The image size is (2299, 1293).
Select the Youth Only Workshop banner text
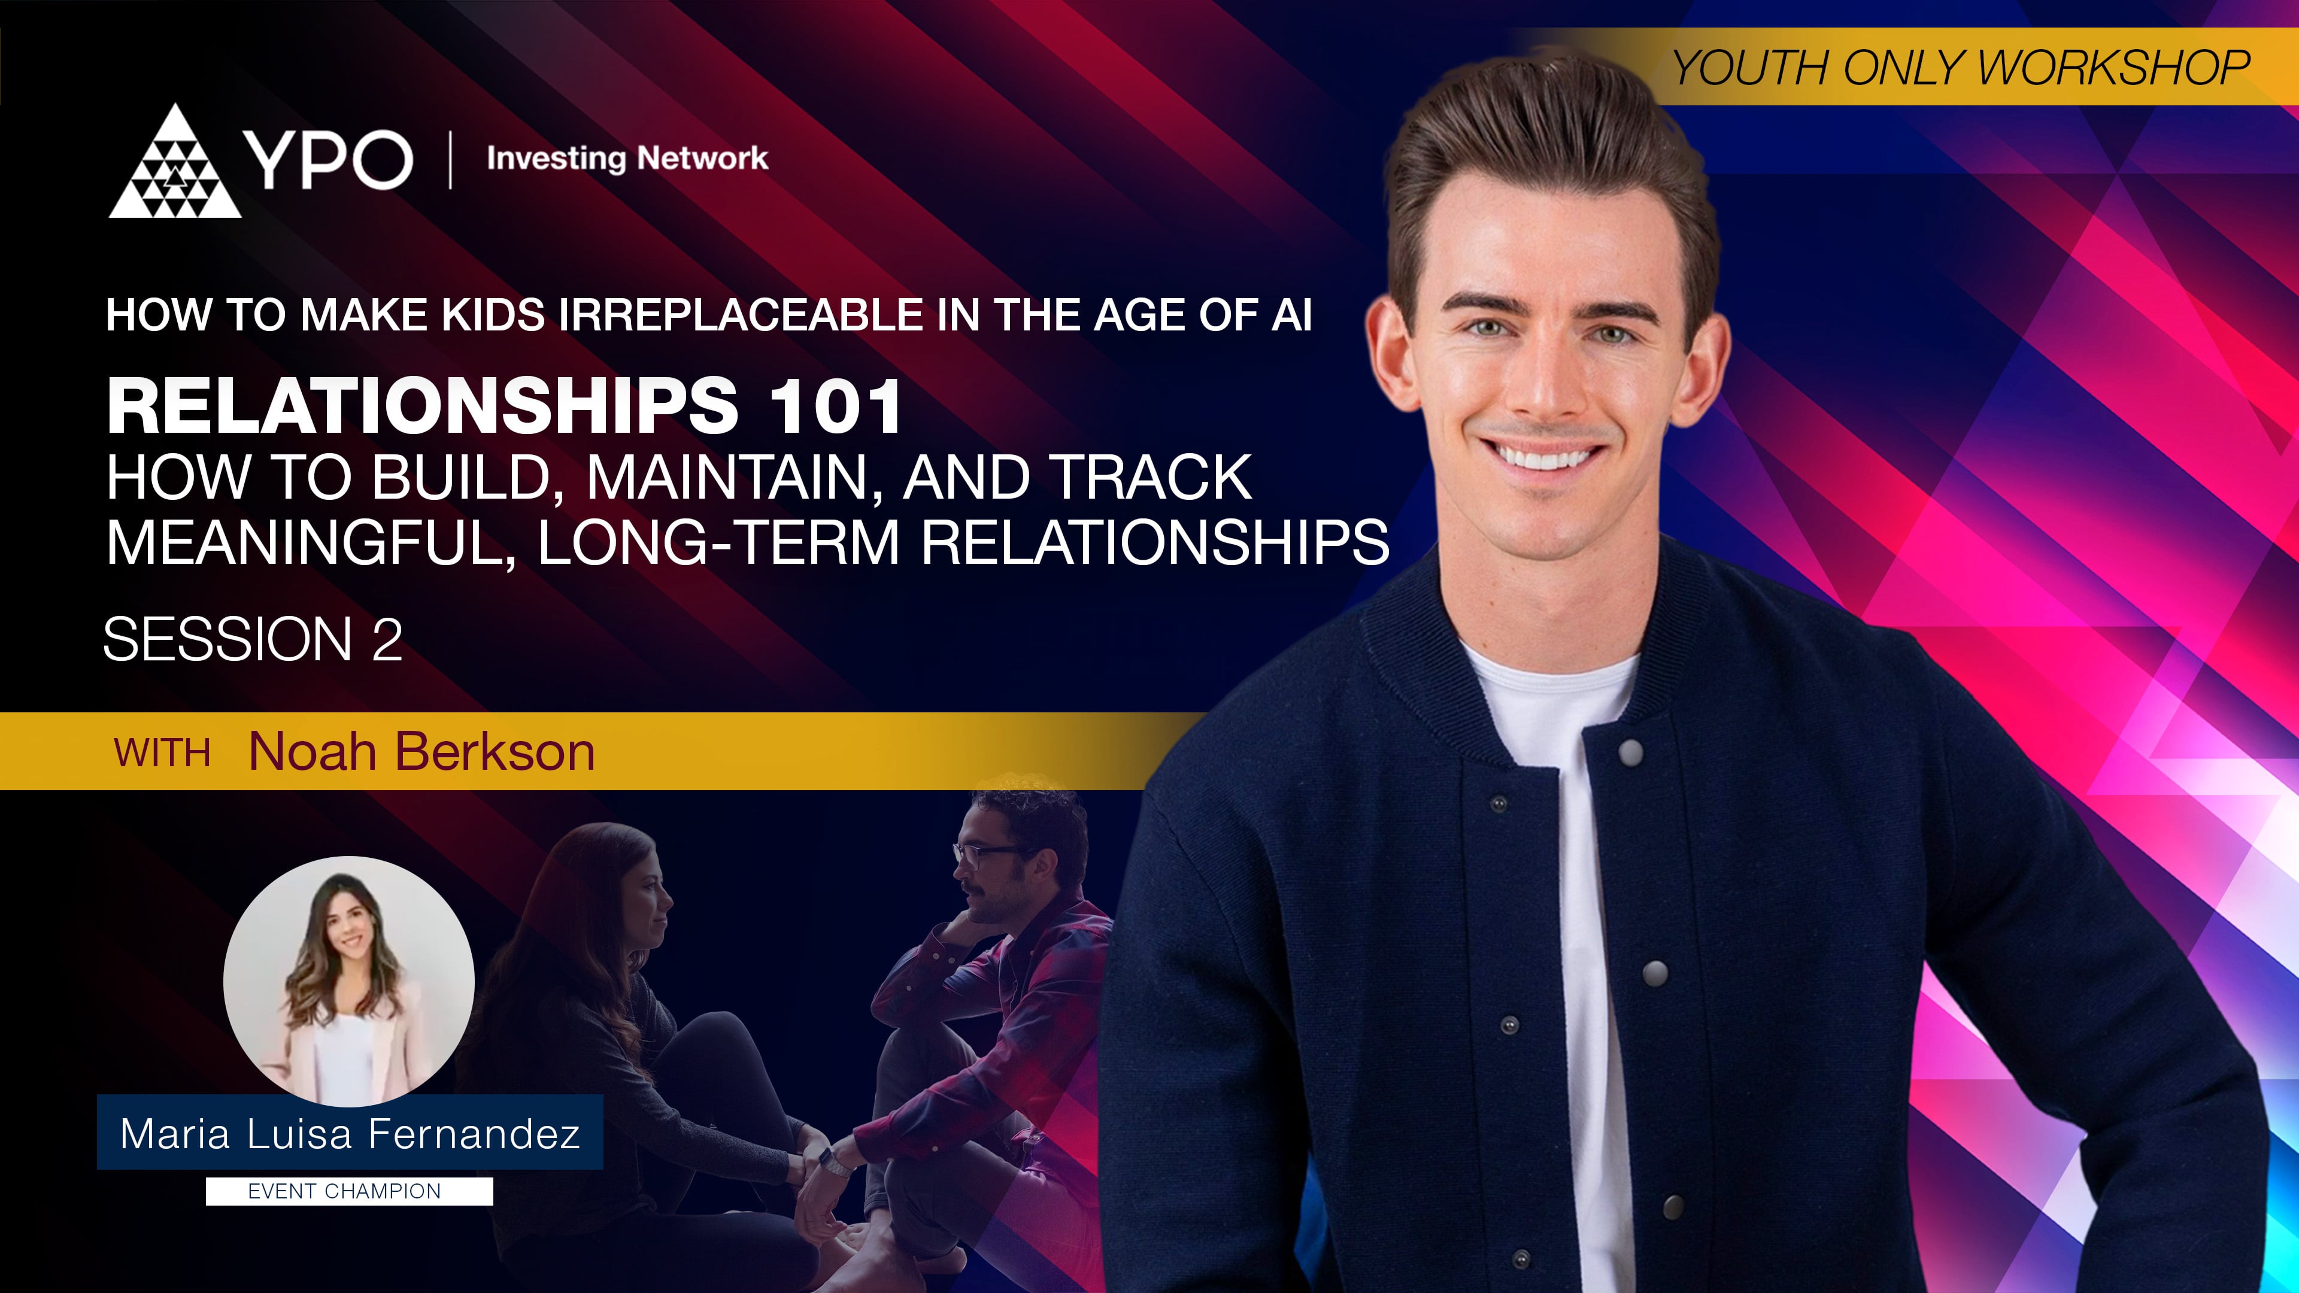pyautogui.click(x=1960, y=68)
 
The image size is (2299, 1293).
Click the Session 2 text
pyautogui.click(x=253, y=640)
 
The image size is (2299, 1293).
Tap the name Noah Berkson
pyautogui.click(x=421, y=751)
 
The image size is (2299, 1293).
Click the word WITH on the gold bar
pyautogui.click(x=162, y=753)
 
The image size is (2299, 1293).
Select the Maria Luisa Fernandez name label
pyautogui.click(x=350, y=1133)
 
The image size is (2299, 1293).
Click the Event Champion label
pyautogui.click(x=344, y=1191)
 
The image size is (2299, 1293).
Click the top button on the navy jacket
pyautogui.click(x=1630, y=752)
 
